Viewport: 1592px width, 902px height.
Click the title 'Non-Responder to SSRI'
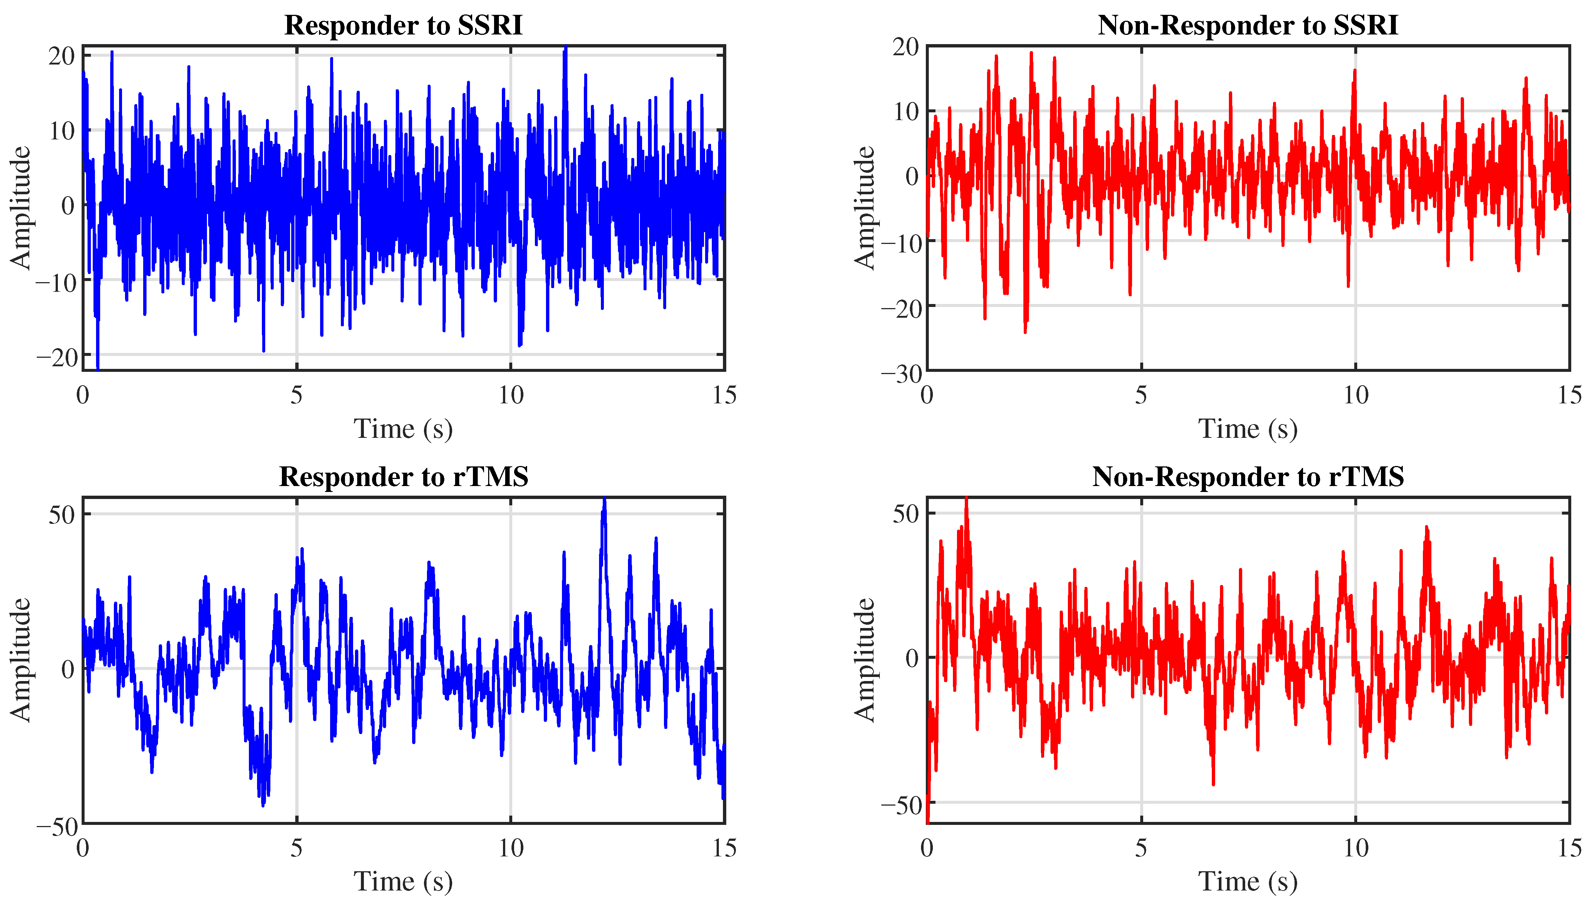1247,26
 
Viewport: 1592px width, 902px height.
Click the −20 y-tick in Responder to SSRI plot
56,357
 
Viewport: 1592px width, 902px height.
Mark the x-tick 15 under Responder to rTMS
724,848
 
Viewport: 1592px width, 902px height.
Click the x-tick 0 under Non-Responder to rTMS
927,848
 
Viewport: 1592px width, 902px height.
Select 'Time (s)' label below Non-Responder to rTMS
1247,881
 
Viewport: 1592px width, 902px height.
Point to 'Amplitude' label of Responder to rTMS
20,660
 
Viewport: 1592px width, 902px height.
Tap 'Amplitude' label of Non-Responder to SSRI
865,208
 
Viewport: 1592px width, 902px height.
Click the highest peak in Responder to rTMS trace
604,499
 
